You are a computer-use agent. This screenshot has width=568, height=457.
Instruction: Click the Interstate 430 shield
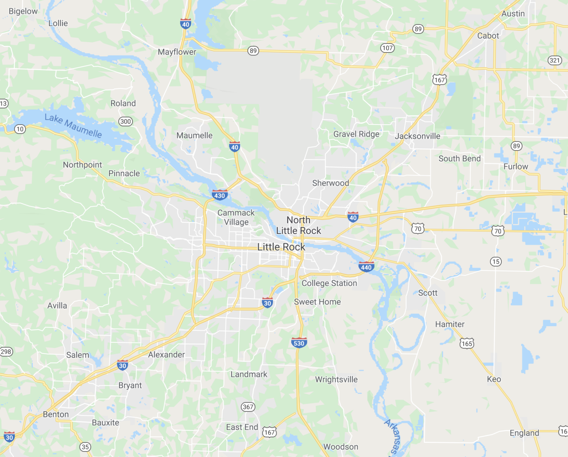click(219, 195)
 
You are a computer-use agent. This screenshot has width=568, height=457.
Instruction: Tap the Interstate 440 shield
click(366, 267)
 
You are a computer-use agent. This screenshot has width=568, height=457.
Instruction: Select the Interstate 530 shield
click(299, 343)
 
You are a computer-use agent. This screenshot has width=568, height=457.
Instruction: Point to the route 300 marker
click(125, 121)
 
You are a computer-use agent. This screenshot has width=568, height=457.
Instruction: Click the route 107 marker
click(387, 48)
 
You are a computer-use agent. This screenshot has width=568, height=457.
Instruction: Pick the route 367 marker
click(248, 407)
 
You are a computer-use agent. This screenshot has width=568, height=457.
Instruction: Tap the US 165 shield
click(467, 343)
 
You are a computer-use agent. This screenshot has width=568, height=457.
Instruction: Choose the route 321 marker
click(554, 60)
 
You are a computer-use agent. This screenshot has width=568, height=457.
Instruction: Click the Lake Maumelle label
click(73, 126)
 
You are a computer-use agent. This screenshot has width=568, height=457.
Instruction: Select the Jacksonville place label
click(417, 136)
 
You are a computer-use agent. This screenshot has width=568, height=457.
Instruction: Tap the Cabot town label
click(488, 36)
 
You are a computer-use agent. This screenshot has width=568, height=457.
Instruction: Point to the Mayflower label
click(177, 52)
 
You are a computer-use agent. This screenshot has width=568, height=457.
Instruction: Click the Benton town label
click(56, 414)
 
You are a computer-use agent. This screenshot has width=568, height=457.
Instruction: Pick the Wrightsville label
click(336, 379)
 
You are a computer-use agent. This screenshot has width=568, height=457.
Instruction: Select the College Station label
click(329, 283)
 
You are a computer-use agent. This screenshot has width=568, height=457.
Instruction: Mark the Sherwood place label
click(330, 183)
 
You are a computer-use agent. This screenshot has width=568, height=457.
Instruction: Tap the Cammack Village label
click(236, 217)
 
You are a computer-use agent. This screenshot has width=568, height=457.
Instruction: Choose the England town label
click(524, 433)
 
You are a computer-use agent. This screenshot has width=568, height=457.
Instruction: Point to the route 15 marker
click(496, 262)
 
